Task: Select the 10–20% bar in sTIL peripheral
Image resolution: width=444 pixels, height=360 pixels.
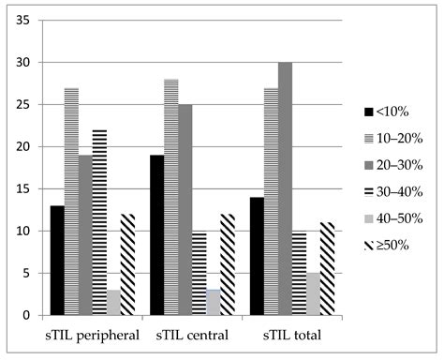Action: [71, 202]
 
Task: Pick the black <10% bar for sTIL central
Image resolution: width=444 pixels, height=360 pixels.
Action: [157, 234]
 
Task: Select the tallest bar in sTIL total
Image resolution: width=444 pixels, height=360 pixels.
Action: [285, 188]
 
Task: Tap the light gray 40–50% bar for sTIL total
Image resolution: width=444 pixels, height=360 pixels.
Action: [314, 293]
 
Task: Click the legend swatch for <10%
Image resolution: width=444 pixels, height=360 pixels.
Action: [368, 112]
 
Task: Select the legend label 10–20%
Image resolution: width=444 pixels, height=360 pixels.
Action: [401, 139]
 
